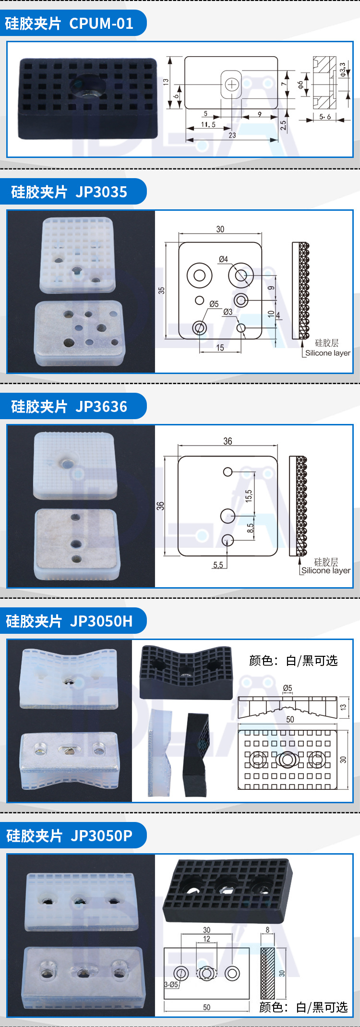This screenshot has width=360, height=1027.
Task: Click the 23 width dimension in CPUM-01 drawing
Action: tap(232, 135)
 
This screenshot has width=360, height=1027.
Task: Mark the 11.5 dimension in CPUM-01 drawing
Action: tap(208, 124)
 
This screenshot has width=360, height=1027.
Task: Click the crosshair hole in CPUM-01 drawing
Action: tap(232, 85)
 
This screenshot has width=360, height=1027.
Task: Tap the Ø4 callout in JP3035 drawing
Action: tap(223, 259)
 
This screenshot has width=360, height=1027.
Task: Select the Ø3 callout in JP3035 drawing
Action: tap(228, 312)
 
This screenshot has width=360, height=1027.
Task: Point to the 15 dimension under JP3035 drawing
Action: tap(220, 348)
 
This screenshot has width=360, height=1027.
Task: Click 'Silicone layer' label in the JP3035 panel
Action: tap(328, 353)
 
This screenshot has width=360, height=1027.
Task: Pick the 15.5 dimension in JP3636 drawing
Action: tap(249, 495)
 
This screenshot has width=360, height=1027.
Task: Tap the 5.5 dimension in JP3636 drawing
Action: tap(218, 565)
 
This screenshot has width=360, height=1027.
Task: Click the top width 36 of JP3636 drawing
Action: tap(228, 441)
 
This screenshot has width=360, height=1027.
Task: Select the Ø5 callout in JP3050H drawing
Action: tap(288, 688)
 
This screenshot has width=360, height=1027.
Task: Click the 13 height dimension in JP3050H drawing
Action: tap(343, 707)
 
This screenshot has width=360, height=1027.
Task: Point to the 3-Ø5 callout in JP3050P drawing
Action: tap(171, 984)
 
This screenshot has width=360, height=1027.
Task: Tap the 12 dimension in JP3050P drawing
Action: tap(206, 939)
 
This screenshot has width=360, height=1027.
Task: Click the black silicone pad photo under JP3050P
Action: tap(228, 890)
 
